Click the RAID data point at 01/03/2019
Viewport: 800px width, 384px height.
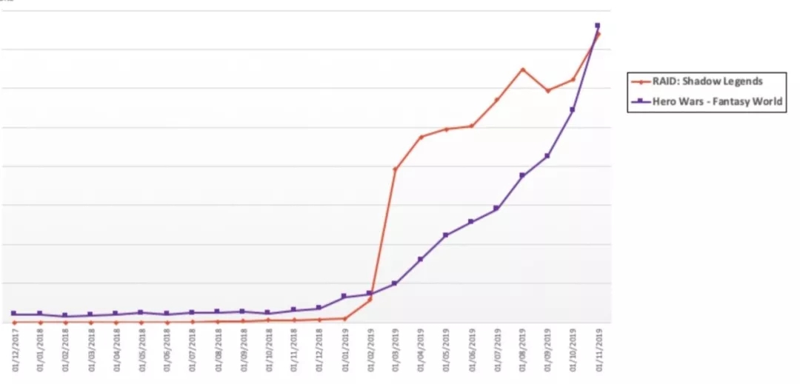pos(395,169)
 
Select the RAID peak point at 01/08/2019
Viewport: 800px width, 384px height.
pos(522,70)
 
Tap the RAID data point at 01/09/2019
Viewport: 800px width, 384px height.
pos(547,90)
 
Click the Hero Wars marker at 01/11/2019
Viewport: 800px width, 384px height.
pos(597,26)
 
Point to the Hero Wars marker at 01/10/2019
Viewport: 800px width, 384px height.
pos(572,110)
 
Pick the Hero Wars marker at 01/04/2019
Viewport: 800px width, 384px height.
pos(420,259)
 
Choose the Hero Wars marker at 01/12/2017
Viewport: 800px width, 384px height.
pos(15,314)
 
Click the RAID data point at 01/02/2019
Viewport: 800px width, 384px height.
pos(370,300)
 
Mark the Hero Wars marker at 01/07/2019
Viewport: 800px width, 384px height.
pos(496,208)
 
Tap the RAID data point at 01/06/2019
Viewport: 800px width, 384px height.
pos(471,126)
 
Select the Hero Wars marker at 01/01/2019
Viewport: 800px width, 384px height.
pos(344,296)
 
